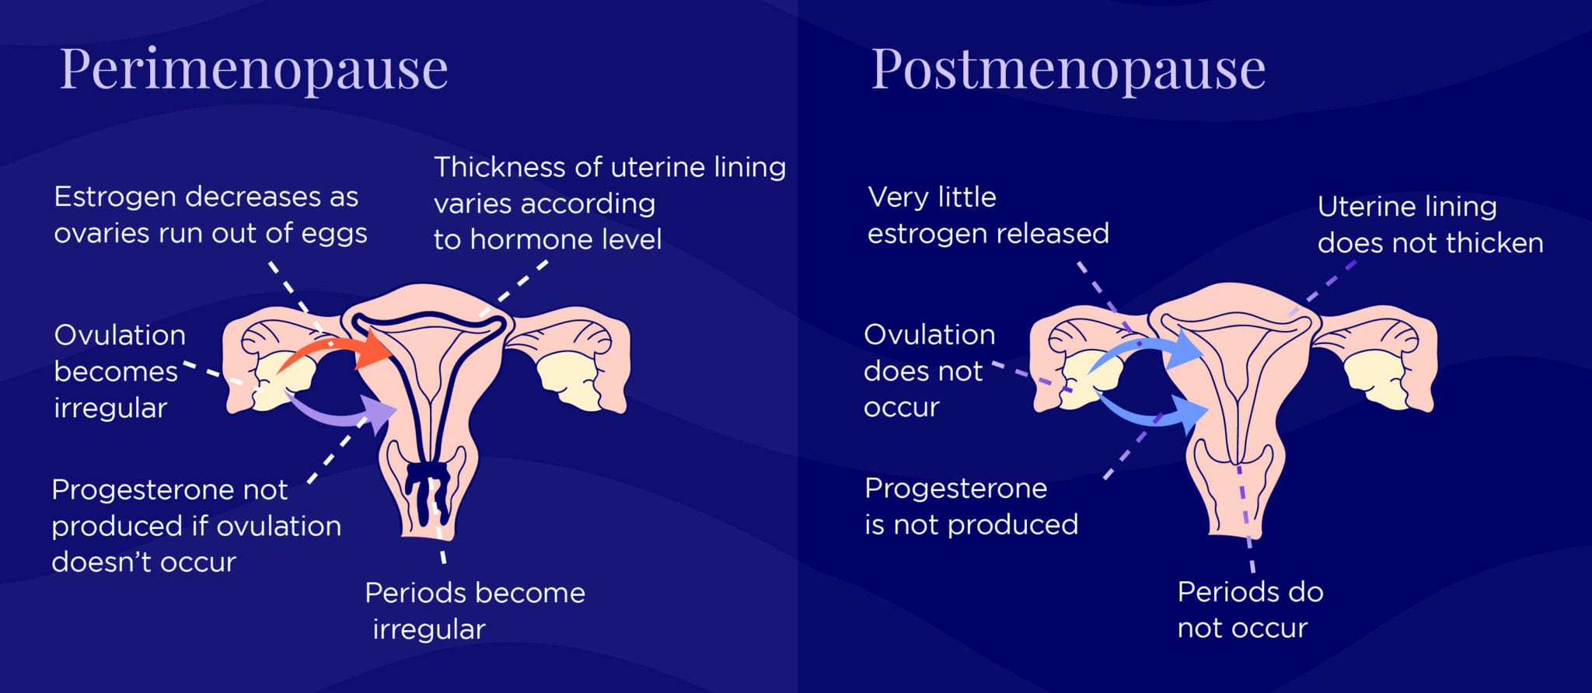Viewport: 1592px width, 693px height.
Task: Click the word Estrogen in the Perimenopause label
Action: click(x=114, y=197)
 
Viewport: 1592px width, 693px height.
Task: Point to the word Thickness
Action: click(x=499, y=168)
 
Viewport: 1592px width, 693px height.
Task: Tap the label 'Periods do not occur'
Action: click(x=1248, y=610)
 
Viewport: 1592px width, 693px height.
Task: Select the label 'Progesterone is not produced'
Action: click(x=970, y=507)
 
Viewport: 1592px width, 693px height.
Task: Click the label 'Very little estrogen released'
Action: click(x=987, y=215)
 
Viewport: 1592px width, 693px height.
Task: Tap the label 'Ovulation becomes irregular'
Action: click(x=118, y=371)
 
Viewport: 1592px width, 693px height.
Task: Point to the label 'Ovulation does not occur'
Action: click(x=928, y=371)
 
